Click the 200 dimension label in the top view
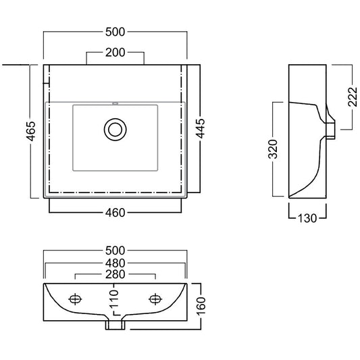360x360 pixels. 115,53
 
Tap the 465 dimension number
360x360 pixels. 31,131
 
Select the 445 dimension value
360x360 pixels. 201,128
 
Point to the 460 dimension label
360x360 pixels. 115,213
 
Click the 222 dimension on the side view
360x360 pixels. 353,97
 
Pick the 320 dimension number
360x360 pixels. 273,149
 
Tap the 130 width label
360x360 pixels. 307,218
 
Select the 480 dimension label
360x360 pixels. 115,263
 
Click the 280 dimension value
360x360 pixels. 115,274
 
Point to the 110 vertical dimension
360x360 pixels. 114,299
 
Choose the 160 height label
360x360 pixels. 201,306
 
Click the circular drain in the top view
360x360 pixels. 115,130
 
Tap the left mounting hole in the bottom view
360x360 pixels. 75,299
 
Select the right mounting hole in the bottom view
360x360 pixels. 155,299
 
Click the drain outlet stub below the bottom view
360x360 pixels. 115,325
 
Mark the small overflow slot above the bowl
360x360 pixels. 115,103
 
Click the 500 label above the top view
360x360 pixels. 115,32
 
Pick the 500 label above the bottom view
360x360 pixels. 115,251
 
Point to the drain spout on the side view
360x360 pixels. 330,131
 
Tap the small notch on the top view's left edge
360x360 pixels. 47,83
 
